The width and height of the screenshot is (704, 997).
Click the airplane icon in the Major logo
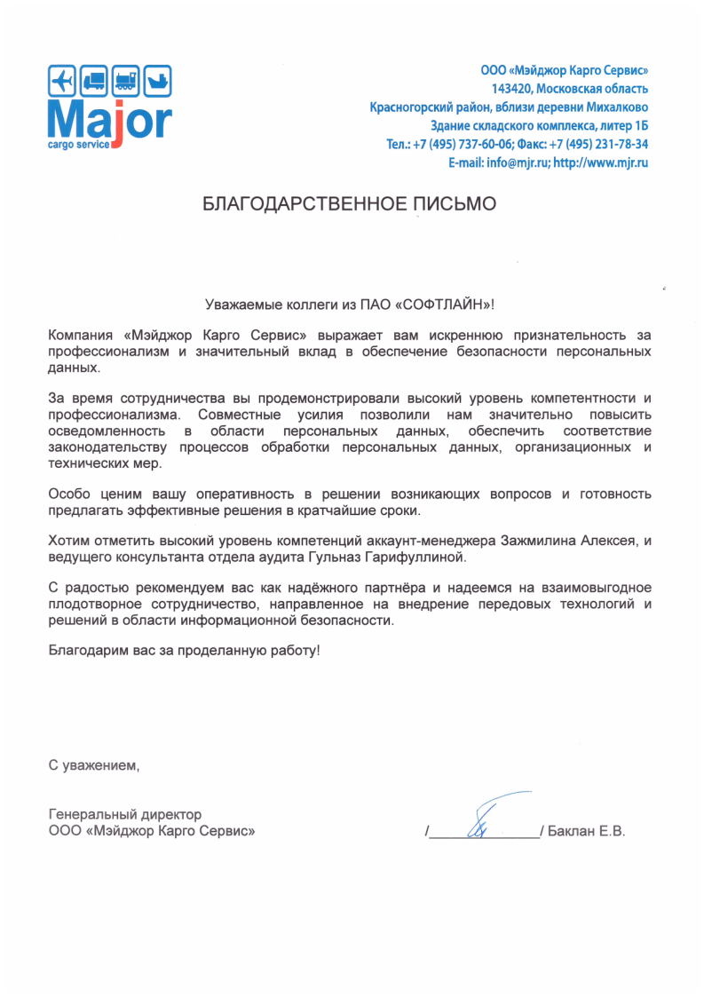[x=62, y=82]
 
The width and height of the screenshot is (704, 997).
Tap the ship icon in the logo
[x=157, y=82]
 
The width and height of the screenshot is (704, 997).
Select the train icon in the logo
[x=126, y=82]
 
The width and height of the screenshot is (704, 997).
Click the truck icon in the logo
[x=94, y=82]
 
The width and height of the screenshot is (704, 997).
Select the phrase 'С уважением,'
[x=94, y=763]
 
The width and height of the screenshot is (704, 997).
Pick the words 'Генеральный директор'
[x=125, y=814]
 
